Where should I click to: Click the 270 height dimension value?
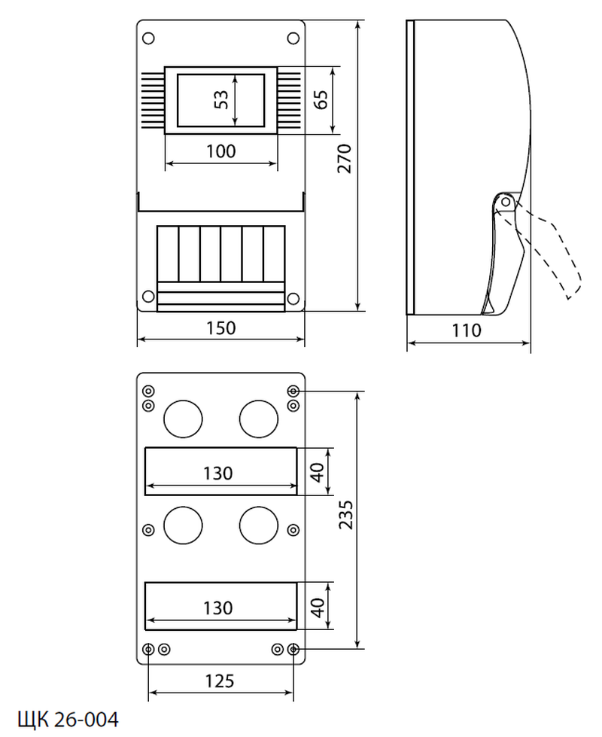pos(345,160)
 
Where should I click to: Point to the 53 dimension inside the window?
pos(220,99)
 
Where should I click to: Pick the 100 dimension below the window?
pos(221,151)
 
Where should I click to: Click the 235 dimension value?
pos(345,519)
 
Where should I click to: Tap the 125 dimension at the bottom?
pos(218,681)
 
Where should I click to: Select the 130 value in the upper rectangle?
pos(218,473)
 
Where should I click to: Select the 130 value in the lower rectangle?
pos(218,608)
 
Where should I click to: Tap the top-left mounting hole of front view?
pos(148,38)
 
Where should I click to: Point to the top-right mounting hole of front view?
pos(293,38)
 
